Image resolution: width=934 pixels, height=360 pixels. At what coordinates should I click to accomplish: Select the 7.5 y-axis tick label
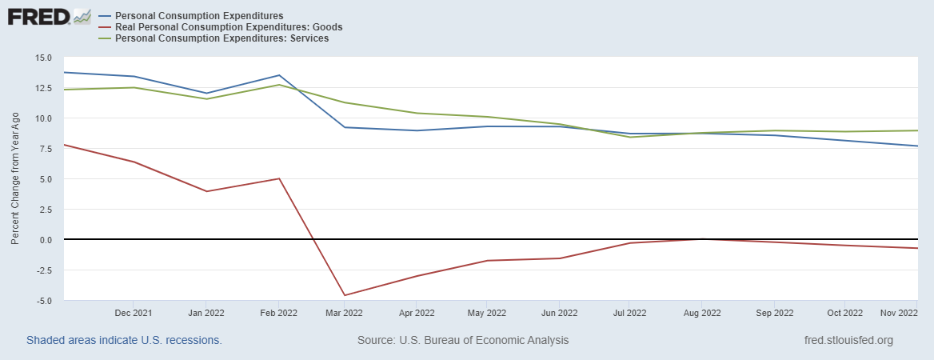(x=45, y=149)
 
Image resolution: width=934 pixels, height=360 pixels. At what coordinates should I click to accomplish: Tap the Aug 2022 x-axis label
(x=702, y=313)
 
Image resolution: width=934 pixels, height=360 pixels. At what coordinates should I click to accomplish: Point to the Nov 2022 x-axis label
(x=899, y=313)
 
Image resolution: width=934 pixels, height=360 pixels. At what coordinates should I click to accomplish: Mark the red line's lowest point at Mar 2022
(x=345, y=295)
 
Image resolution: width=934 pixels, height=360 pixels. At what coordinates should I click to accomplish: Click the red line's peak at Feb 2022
(x=278, y=178)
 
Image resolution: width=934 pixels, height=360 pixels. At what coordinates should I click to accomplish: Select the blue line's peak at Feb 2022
(x=278, y=75)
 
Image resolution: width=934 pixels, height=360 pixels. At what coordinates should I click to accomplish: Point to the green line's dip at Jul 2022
(x=630, y=137)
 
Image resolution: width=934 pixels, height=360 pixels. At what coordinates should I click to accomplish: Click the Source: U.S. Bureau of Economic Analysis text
(x=463, y=340)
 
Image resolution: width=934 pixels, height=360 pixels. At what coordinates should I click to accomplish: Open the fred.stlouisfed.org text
(x=848, y=340)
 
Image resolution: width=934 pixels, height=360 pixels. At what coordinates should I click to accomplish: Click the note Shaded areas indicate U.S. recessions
(x=124, y=340)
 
